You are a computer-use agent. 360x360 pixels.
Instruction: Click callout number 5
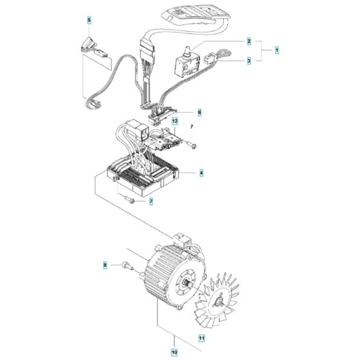click(x=89, y=20)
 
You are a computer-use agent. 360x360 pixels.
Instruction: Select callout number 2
click(x=249, y=41)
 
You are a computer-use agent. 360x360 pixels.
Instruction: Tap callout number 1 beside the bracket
click(x=277, y=50)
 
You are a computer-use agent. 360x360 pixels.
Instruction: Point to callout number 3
click(x=249, y=61)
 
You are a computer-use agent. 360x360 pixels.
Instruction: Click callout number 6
click(x=199, y=113)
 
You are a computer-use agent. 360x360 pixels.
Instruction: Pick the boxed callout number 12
click(x=175, y=121)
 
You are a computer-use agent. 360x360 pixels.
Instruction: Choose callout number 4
click(x=201, y=173)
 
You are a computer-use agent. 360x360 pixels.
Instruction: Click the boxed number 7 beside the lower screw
click(x=151, y=202)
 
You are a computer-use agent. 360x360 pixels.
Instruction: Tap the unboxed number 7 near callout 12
click(x=192, y=127)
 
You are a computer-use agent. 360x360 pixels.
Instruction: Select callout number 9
click(x=105, y=265)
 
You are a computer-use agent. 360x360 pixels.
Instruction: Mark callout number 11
click(x=202, y=338)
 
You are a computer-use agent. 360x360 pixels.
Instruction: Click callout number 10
click(x=174, y=352)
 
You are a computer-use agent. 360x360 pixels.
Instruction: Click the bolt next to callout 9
click(x=128, y=266)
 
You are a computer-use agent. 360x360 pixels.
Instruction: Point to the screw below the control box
click(x=129, y=199)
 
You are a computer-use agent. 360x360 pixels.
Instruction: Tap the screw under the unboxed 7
click(x=191, y=145)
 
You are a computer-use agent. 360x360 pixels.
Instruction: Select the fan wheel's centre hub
click(x=219, y=302)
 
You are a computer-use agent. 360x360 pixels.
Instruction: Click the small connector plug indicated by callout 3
click(x=209, y=58)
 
